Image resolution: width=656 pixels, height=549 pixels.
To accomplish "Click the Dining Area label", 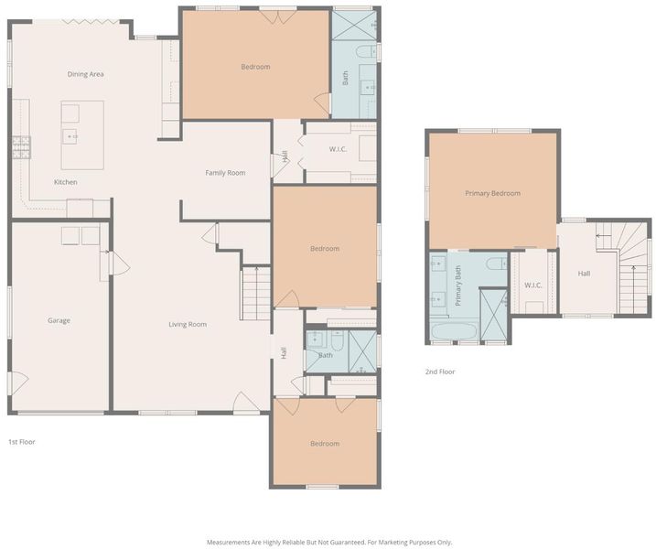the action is [85, 74].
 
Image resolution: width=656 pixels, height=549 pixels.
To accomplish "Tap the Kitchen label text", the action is [66, 182].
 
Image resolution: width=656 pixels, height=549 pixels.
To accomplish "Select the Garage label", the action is [59, 320].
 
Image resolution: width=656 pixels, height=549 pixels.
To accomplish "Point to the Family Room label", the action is [225, 173].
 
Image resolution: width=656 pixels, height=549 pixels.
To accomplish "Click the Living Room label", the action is [188, 324].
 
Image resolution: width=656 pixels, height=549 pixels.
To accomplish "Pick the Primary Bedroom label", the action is [493, 193].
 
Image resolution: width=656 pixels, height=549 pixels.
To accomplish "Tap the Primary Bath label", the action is [458, 285].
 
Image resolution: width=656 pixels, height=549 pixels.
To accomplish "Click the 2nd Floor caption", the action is [440, 371].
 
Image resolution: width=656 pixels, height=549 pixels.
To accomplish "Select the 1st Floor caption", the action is [22, 442].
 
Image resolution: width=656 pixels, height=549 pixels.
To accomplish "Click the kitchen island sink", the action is [70, 136].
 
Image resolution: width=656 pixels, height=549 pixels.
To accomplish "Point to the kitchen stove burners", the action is [21, 147].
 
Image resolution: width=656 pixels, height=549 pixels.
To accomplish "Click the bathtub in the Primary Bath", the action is [454, 332].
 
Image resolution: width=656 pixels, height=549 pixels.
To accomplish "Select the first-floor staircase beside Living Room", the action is [256, 294].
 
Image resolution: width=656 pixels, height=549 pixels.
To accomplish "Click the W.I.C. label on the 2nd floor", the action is [533, 285].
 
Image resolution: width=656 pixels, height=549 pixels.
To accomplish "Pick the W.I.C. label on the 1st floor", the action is [338, 149].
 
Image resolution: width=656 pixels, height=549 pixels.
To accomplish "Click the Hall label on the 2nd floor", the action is [584, 274].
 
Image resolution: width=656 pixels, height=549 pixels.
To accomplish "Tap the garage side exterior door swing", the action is [19, 382].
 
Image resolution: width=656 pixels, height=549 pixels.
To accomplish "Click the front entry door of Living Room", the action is [246, 403].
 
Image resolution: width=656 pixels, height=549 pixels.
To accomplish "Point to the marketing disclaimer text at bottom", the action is [329, 543].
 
